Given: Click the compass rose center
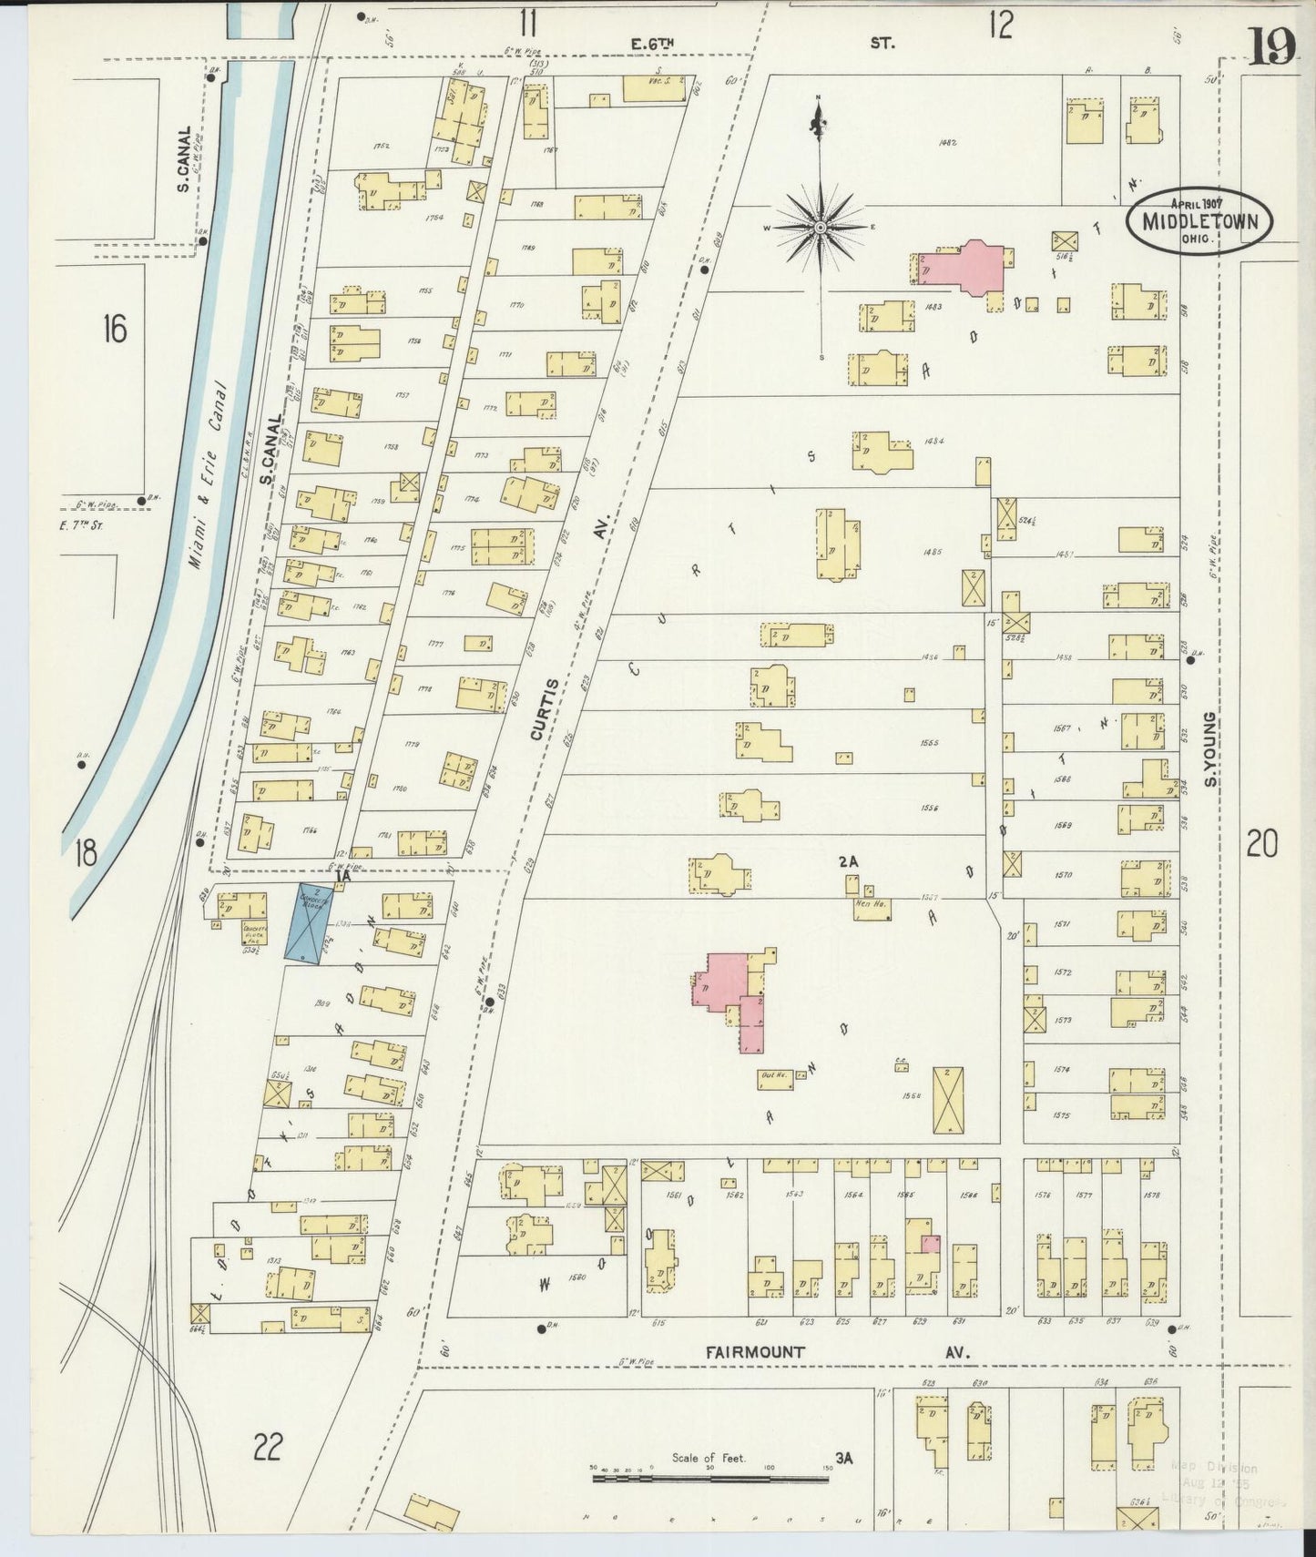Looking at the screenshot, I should [x=821, y=227].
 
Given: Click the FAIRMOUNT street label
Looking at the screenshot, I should [x=755, y=1352].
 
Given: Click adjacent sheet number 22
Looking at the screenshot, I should [x=269, y=1445].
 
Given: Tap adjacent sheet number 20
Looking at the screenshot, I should [x=1261, y=846].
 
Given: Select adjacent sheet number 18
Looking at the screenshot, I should [x=86, y=854].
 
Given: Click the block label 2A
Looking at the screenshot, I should [x=849, y=860].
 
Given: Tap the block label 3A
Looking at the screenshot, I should [x=843, y=1458].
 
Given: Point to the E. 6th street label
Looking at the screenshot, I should [x=656, y=43].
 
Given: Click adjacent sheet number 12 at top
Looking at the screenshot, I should [x=999, y=25].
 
